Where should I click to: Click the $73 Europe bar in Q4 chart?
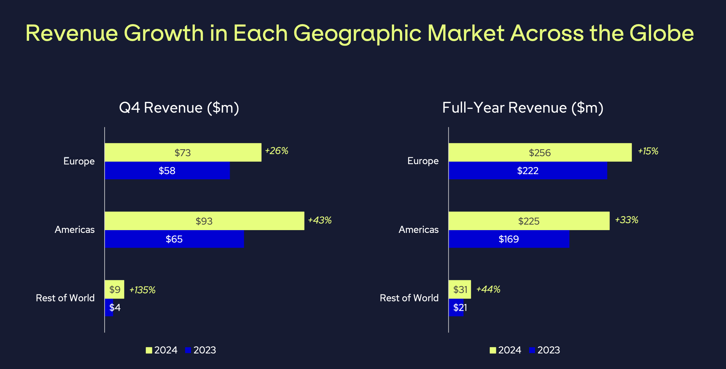click(x=183, y=152)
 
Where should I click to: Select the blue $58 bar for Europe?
click(x=167, y=171)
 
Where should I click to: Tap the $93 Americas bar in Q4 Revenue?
click(x=204, y=221)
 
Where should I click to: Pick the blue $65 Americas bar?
click(x=174, y=239)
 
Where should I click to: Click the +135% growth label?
click(x=142, y=290)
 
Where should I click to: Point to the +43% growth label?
click(x=319, y=220)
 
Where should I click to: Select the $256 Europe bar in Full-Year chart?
click(x=540, y=152)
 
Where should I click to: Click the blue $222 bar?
click(x=527, y=171)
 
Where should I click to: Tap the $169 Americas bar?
click(x=509, y=239)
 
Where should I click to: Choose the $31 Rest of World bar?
click(x=460, y=290)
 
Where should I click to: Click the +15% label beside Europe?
click(x=648, y=151)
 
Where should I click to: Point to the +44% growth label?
click(x=488, y=290)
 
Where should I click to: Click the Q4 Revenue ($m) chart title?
click(x=179, y=108)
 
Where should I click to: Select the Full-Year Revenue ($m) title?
click(x=523, y=108)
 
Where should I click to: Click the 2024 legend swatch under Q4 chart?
click(x=149, y=350)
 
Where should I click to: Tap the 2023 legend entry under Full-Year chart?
click(x=545, y=350)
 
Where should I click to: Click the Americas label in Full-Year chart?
click(x=418, y=230)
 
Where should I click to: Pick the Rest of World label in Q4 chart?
click(x=65, y=298)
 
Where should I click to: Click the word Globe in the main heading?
click(x=661, y=34)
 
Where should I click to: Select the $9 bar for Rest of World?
click(x=114, y=290)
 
